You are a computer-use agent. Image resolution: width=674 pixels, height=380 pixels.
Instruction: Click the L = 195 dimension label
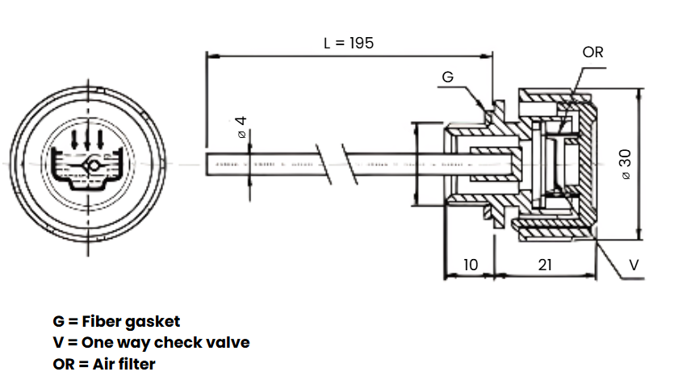tap(349, 43)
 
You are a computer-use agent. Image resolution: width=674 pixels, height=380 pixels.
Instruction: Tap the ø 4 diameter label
tap(241, 127)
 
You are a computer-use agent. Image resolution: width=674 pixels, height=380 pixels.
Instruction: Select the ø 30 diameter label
tap(626, 165)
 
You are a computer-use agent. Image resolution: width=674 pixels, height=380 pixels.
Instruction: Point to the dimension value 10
tap(471, 265)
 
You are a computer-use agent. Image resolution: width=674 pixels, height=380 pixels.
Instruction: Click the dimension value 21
tap(545, 265)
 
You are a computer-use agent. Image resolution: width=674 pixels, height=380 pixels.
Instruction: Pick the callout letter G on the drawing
tap(447, 77)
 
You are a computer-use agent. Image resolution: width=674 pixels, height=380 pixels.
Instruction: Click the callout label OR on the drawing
tap(592, 52)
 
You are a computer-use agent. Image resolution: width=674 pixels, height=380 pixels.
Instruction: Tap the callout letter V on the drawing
tap(634, 265)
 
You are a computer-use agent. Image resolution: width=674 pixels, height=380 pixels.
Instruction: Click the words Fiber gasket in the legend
tap(131, 322)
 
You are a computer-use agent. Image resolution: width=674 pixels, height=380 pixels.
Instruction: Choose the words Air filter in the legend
tap(123, 364)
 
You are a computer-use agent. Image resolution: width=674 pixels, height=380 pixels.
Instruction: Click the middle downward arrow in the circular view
tap(87, 139)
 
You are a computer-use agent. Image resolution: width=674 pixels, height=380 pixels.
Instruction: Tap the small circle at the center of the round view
tap(93, 165)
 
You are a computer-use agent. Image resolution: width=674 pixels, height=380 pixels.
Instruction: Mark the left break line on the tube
tap(324, 165)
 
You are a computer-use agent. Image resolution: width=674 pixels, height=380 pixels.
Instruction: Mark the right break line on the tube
tap(350, 165)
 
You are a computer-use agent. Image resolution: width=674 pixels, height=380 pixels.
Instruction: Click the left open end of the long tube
tap(207, 165)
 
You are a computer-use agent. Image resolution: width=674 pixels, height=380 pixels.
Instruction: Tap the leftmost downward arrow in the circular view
tap(74, 140)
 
